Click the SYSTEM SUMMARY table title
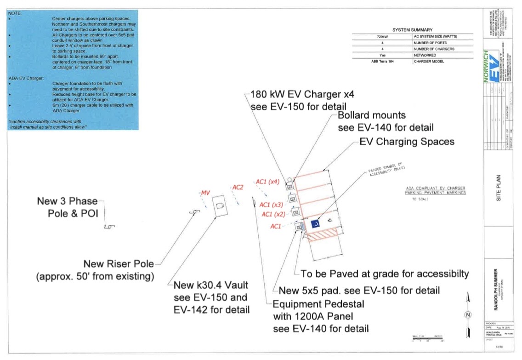412,30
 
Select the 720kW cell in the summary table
382,36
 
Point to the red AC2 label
238,187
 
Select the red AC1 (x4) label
267,182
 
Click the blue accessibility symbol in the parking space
316,224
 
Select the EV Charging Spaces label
407,142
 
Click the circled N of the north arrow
468,315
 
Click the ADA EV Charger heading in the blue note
26,79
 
